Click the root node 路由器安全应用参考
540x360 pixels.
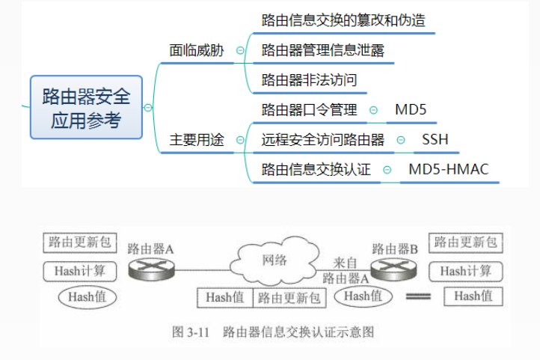click(86, 107)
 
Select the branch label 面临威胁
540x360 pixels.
click(197, 50)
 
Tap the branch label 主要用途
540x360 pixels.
click(197, 140)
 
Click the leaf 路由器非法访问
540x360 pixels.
click(309, 80)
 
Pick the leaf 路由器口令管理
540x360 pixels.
click(309, 110)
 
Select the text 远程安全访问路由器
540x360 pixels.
click(323, 140)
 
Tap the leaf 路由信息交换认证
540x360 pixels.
click(316, 169)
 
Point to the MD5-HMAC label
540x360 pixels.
click(448, 169)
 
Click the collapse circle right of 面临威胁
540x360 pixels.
click(240, 51)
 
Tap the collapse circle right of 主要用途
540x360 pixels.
click(240, 140)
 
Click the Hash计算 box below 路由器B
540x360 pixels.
click(465, 270)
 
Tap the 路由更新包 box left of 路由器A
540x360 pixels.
click(79, 242)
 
